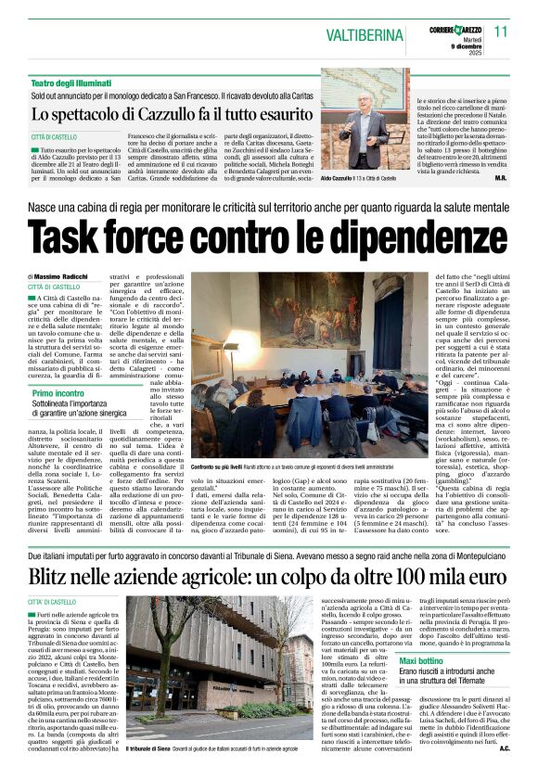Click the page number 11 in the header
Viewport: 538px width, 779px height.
501,32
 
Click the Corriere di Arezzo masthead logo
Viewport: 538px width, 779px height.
453,30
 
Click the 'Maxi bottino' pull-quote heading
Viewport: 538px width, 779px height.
420,685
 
